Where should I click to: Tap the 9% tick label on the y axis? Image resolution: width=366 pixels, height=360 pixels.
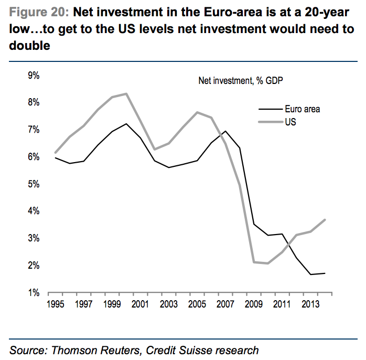34,76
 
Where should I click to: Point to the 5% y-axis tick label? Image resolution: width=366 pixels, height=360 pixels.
34,184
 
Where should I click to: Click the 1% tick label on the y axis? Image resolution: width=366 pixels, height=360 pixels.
34,292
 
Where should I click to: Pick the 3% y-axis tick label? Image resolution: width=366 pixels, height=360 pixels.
34,238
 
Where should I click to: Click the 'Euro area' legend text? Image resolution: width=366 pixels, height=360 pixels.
303,109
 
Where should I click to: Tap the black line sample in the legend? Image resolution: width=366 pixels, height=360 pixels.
271,109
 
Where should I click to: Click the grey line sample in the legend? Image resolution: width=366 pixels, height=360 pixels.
271,122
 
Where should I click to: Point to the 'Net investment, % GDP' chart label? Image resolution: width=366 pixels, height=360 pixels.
241,81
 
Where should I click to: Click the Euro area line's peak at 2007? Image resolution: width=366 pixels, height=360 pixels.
225,131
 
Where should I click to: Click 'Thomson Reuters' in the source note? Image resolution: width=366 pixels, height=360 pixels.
85,350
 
